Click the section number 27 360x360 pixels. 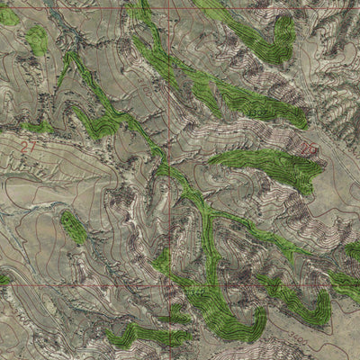(x=29, y=144)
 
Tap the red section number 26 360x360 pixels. (x=309, y=148)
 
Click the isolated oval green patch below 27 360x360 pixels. (x=73, y=227)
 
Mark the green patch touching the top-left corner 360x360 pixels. (x=7, y=15)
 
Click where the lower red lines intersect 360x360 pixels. (x=168, y=286)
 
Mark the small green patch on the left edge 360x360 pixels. (x=4, y=279)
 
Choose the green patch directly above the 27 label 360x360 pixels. (x=36, y=126)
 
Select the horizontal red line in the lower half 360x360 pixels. (x=90, y=286)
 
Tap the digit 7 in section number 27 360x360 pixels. (x=33, y=144)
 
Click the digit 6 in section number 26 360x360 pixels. (x=313, y=148)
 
